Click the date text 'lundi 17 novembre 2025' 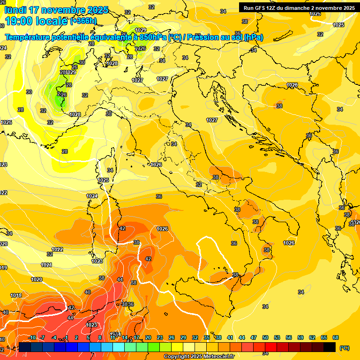pos(57,10)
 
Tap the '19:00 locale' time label pos(36,21)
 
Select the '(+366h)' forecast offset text pos(83,21)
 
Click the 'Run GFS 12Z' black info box pos(299,7)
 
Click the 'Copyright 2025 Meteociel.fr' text pos(199,356)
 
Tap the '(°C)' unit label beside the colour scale pos(344,348)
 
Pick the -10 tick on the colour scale pos(32,337)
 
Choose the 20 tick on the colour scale pos(148,337)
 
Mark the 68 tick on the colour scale pos(335,337)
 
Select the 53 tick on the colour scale pos(277,337)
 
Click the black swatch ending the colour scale pos(330,347)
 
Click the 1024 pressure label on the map pos(92,196)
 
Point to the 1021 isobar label pos(46,265)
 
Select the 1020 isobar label pos(37,279)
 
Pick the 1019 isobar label pos(16,295)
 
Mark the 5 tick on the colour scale pos(88,337)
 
